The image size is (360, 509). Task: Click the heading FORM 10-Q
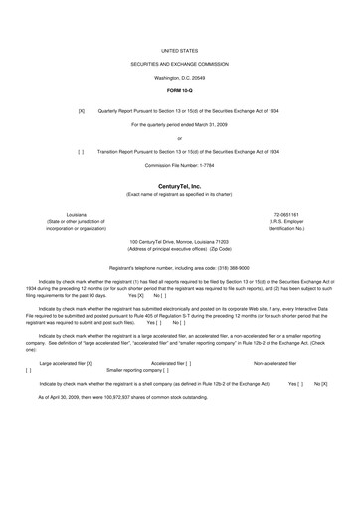[179, 91]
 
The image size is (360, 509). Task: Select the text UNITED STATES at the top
[179, 47]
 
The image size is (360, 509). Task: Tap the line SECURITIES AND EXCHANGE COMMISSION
[179, 62]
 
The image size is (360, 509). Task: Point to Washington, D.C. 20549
[179, 77]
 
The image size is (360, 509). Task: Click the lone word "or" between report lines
[179, 138]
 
